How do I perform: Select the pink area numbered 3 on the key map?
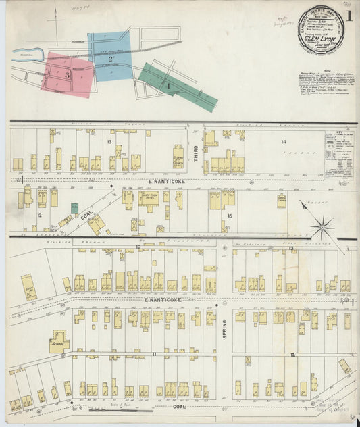(69, 74)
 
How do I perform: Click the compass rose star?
(322, 226)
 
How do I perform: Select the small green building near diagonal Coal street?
(75, 208)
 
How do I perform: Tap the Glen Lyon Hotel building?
(149, 200)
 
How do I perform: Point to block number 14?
(284, 142)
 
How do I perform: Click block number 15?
(230, 216)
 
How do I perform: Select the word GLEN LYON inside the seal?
(322, 39)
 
